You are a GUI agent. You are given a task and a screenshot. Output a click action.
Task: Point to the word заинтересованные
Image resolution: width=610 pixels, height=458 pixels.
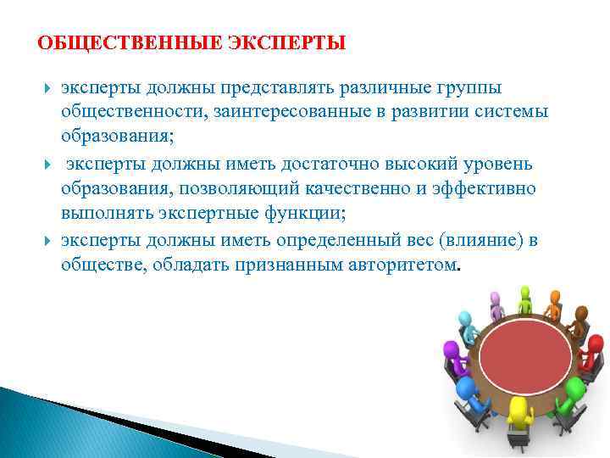(264, 112)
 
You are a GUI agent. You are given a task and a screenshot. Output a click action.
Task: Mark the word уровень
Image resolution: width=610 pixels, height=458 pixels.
(502, 164)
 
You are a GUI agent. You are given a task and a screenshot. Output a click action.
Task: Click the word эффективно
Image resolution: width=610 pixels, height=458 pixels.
(488, 187)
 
